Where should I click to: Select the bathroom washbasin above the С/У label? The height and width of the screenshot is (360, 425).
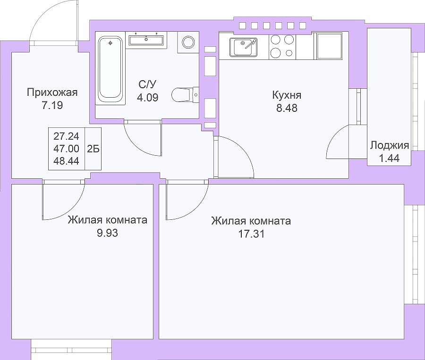[x=146, y=40]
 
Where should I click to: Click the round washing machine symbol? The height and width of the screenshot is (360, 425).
[x=188, y=42]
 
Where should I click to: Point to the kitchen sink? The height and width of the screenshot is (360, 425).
[x=243, y=47]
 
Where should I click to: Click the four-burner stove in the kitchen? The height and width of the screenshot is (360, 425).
[x=282, y=46]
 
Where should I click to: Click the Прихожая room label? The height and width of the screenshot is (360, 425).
[x=52, y=92]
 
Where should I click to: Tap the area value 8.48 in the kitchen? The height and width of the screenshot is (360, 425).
[x=287, y=108]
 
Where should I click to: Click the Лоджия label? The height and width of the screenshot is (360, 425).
[x=390, y=145]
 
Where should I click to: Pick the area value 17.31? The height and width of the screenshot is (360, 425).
[x=251, y=234]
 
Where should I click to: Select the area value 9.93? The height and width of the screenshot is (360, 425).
[x=107, y=233]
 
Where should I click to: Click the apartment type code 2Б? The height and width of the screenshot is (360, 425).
[x=93, y=149]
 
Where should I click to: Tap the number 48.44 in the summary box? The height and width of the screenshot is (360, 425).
[x=67, y=161]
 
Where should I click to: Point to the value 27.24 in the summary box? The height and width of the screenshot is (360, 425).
[x=67, y=136]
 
